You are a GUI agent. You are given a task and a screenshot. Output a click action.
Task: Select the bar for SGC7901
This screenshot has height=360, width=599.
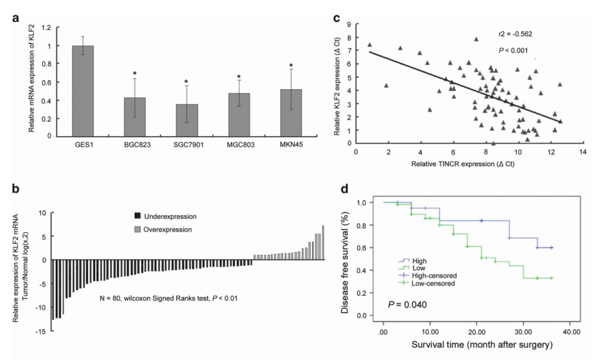(186, 119)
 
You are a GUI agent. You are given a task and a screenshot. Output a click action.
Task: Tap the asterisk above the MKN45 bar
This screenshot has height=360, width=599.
(291, 65)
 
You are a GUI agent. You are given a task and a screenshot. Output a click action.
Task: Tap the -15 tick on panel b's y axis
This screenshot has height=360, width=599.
(40, 331)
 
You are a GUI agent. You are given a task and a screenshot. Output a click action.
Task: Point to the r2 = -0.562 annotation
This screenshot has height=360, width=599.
(517, 34)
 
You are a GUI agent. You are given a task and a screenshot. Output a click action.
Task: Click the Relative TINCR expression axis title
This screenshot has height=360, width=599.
(469, 165)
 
